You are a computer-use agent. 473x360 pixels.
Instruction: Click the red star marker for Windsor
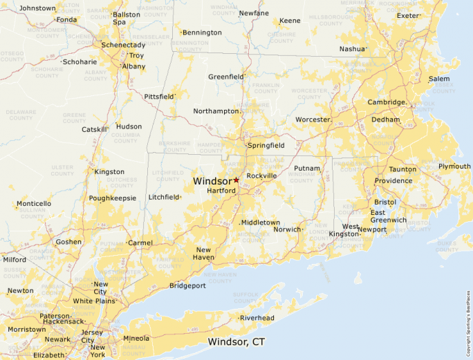point(236,180)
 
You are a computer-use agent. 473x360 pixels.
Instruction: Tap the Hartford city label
point(221,190)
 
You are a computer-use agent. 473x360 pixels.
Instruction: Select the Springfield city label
point(266,146)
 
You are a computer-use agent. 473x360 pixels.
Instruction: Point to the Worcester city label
point(313,120)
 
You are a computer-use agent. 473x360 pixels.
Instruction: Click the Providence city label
point(393,181)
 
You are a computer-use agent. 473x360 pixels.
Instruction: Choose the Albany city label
point(133,66)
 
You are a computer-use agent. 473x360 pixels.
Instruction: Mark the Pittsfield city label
point(159,96)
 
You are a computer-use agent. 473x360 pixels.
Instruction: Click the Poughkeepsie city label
point(113,198)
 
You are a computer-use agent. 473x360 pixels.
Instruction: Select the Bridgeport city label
point(187,285)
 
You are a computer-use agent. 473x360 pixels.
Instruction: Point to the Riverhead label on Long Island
point(257,318)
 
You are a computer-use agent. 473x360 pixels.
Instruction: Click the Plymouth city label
point(454,167)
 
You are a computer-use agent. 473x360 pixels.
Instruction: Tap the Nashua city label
point(352,49)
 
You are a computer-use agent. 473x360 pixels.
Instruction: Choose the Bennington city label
point(203,32)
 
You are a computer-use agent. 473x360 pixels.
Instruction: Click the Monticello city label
point(34,204)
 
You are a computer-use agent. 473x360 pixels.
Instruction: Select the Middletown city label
point(261,222)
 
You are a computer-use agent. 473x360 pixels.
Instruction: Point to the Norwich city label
point(288,229)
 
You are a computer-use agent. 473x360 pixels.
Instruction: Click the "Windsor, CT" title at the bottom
point(236,342)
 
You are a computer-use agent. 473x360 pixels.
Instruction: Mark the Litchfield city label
point(164,197)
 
